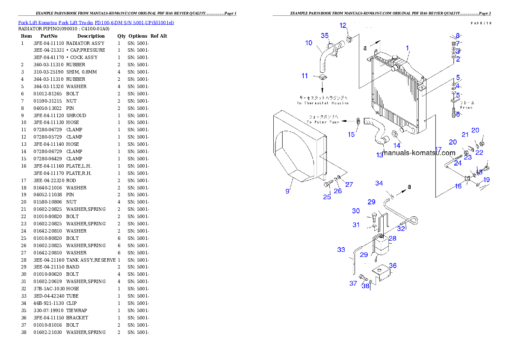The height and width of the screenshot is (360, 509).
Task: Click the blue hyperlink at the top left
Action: click(x=96, y=22)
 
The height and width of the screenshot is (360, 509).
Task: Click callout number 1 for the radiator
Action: click(x=408, y=48)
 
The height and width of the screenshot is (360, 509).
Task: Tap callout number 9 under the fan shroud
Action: click(x=287, y=191)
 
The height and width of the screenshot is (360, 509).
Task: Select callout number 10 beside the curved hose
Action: click(x=309, y=43)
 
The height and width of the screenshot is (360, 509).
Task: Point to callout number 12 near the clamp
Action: click(x=343, y=25)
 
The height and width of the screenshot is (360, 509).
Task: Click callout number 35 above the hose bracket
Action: click(x=325, y=35)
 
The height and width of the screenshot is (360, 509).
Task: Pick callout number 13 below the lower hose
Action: click(x=380, y=155)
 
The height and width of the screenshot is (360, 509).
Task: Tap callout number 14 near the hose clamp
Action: click(x=397, y=145)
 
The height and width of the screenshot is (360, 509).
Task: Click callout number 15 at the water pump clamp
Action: click(x=351, y=135)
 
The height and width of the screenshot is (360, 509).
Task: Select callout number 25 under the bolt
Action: click(x=327, y=197)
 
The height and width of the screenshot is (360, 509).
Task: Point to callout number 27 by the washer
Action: click(x=349, y=184)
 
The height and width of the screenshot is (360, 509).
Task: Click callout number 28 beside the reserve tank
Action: click(x=392, y=238)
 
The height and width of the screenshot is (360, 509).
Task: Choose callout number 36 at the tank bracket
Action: click(x=393, y=266)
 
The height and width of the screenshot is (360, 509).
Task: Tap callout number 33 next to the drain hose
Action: click(x=341, y=249)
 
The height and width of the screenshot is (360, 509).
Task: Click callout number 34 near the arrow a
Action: click(x=379, y=183)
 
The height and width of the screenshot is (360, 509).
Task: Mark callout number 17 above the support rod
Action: click(x=438, y=150)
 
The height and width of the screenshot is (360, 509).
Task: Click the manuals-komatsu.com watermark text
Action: click(x=419, y=153)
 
